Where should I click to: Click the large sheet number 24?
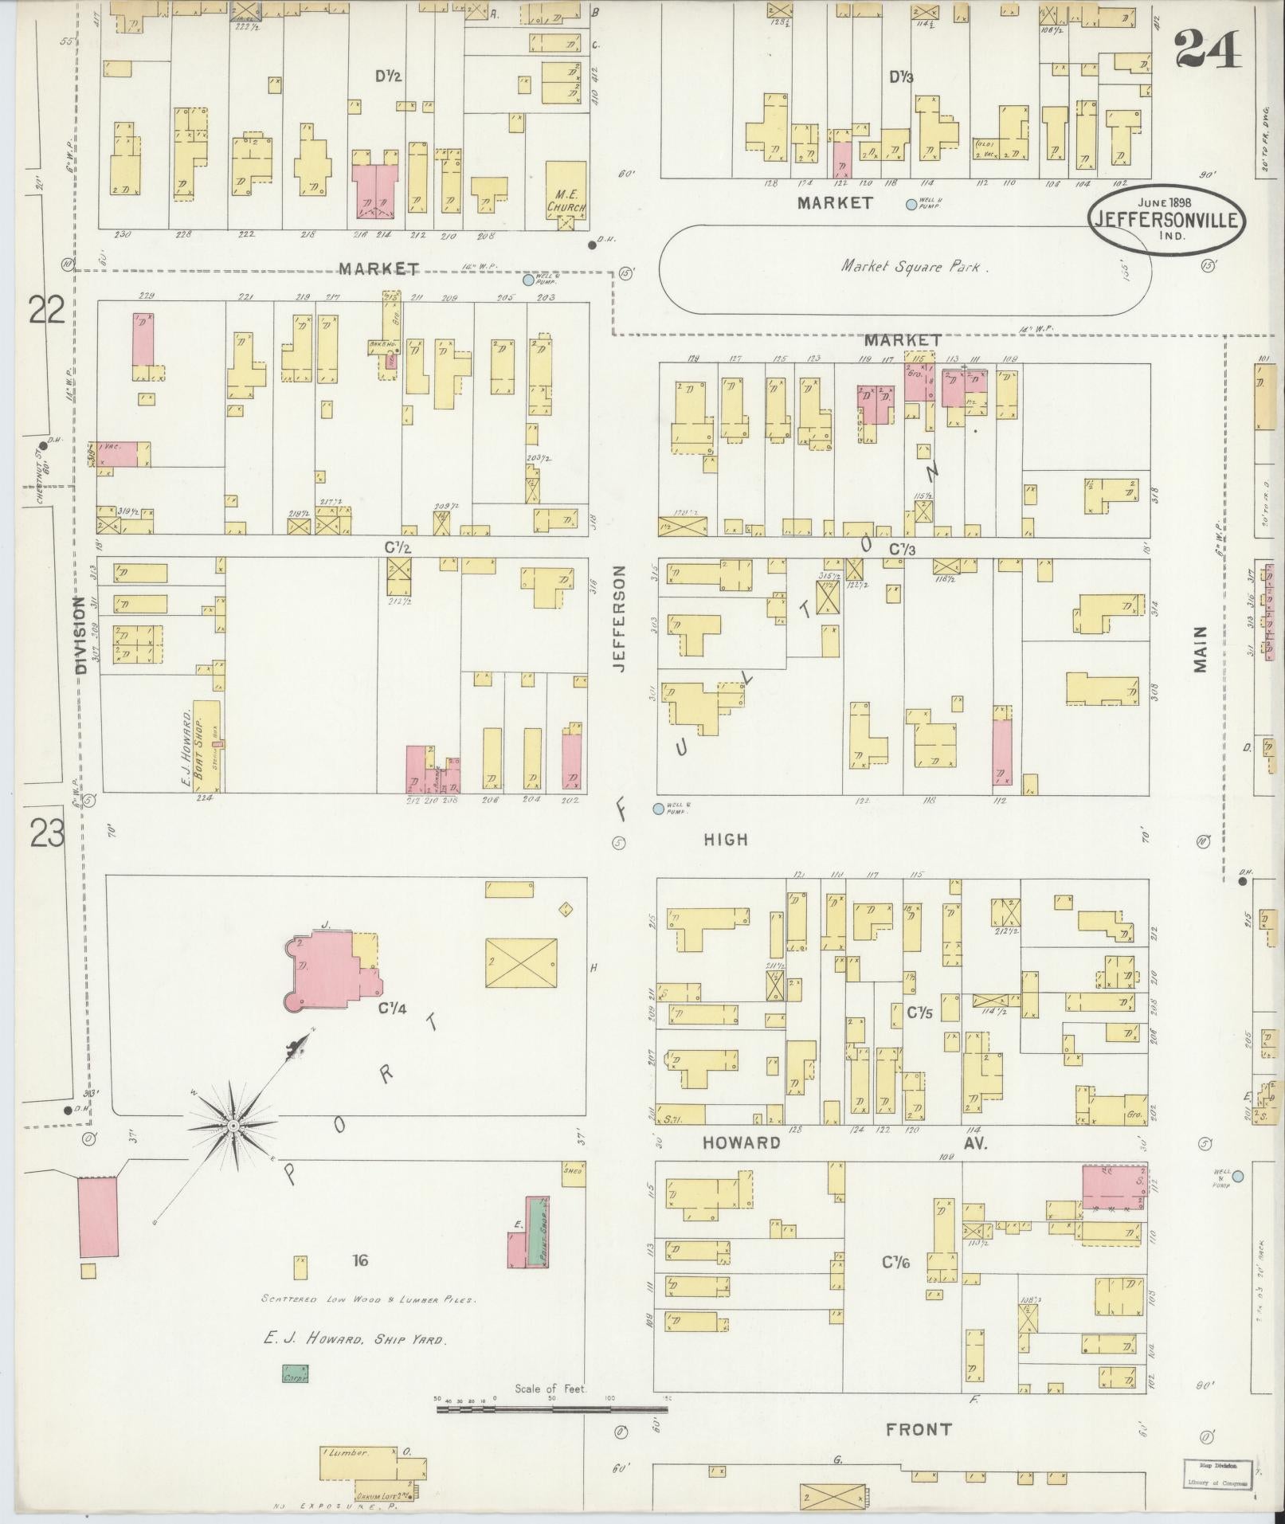pyautogui.click(x=1207, y=50)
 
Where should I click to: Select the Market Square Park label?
pyautogui.click(x=915, y=267)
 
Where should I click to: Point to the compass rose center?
pyautogui.click(x=233, y=1125)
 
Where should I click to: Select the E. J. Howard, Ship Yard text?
pyautogui.click(x=355, y=1340)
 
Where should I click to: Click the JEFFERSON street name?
pyautogui.click(x=621, y=619)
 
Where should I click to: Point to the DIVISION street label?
pyautogui.click(x=80, y=636)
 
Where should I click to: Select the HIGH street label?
pyautogui.click(x=726, y=839)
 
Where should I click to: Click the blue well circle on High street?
pyautogui.click(x=658, y=809)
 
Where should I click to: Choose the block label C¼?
pyautogui.click(x=392, y=1008)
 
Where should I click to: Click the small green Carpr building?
pyautogui.click(x=295, y=1373)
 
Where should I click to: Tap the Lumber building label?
pyautogui.click(x=347, y=1452)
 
